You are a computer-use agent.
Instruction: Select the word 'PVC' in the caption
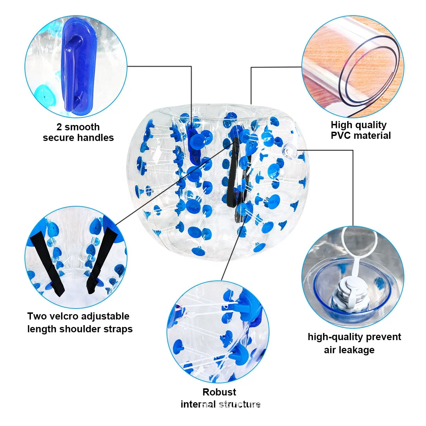[341, 136]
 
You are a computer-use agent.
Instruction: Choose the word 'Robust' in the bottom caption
[219, 392]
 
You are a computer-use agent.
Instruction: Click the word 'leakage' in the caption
[359, 350]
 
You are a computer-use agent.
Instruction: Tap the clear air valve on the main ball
[289, 151]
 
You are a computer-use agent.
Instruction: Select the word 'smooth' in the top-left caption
[82, 127]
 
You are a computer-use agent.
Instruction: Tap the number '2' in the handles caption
[59, 127]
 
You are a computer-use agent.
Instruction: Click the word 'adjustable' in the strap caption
[106, 316]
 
